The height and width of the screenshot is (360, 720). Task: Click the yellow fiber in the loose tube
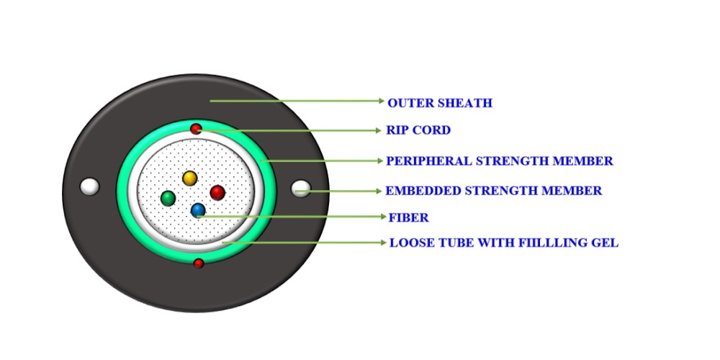(189, 178)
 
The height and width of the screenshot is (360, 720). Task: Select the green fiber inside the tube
(168, 199)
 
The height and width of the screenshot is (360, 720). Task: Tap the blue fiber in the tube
(198, 210)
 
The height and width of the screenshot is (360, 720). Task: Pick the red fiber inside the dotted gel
(217, 192)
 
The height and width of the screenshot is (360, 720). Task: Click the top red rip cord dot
(196, 129)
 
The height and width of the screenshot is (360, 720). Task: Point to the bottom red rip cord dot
(199, 263)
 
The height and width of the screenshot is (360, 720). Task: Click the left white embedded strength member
(89, 186)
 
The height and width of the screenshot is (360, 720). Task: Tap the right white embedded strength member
(301, 188)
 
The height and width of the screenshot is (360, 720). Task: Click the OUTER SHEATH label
(439, 103)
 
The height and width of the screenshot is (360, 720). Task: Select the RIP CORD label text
(418, 130)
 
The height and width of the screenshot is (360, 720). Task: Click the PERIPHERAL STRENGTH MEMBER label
(499, 161)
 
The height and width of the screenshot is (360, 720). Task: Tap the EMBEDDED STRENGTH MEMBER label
(493, 191)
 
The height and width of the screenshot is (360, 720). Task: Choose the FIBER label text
(408, 217)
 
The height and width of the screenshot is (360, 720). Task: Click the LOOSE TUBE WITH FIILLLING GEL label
(504, 243)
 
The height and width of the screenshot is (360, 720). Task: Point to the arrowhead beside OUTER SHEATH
(381, 101)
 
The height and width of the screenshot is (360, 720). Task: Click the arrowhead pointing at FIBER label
(384, 216)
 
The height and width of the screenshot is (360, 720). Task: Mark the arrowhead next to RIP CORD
(379, 131)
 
